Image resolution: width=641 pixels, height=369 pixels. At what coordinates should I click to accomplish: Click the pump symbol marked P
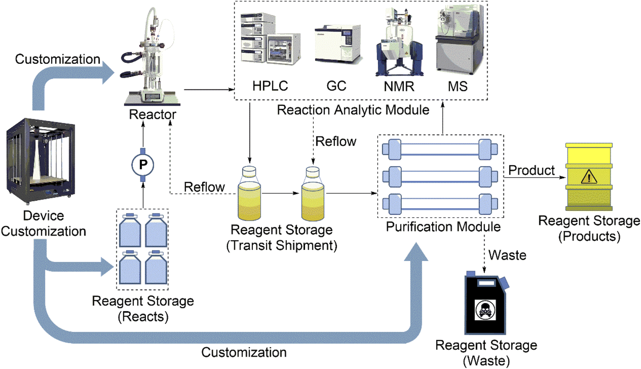143,164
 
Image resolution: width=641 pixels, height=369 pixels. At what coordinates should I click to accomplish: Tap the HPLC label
270,86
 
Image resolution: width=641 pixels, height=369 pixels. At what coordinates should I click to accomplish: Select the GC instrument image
338,44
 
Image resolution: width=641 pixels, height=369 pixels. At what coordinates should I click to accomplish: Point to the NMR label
399,87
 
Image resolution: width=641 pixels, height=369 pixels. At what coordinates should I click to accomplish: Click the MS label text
457,87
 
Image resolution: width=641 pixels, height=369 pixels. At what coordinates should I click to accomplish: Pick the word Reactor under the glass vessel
152,114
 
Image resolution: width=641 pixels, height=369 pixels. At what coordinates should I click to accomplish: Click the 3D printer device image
40,161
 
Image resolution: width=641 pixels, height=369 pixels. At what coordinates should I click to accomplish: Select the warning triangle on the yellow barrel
589,176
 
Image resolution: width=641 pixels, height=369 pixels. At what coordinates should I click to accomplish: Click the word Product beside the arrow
531,170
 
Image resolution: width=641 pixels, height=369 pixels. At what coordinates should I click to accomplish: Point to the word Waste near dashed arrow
507,255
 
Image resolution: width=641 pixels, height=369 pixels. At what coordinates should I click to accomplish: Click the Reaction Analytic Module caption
353,110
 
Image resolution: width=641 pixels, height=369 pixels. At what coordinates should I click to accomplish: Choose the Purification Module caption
443,227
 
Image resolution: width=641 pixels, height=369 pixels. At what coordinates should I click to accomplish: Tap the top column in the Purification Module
440,149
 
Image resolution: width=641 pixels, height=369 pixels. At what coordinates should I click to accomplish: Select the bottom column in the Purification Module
440,204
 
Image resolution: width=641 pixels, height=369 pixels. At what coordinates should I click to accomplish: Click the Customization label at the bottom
244,353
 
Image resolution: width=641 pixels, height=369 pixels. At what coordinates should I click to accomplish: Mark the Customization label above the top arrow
58,59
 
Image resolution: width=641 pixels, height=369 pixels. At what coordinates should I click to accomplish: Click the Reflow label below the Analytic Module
336,142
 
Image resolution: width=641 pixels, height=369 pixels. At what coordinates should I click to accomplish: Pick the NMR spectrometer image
399,43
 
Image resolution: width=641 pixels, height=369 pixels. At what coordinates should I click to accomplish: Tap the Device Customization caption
43,224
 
